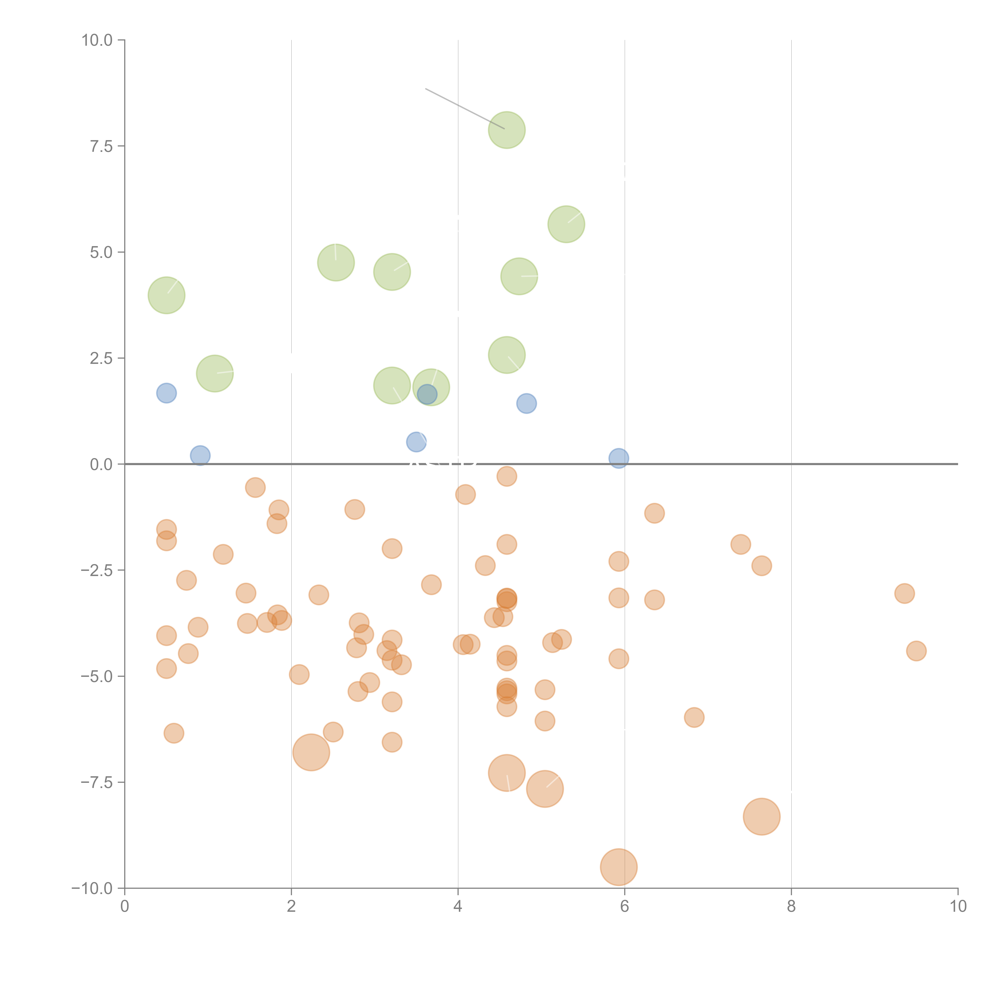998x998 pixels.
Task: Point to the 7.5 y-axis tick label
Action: pyautogui.click(x=101, y=147)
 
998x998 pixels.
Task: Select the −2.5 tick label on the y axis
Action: pyautogui.click(x=97, y=570)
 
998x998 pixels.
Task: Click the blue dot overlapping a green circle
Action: pyautogui.click(x=427, y=394)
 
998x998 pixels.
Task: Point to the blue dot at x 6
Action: pyautogui.click(x=618, y=458)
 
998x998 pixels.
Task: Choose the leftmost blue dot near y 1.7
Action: pyautogui.click(x=166, y=393)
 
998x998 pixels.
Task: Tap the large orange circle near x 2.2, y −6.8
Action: pyautogui.click(x=311, y=752)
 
